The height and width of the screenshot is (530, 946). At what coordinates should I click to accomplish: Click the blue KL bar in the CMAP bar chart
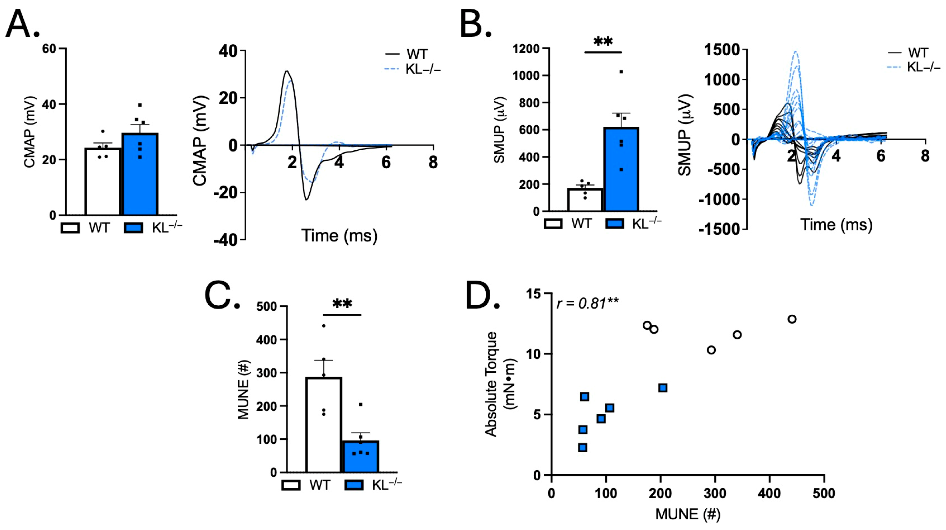point(140,174)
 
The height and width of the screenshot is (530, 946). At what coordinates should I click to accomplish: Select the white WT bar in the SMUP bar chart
point(585,200)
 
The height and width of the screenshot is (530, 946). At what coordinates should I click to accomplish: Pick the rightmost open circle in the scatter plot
point(792,319)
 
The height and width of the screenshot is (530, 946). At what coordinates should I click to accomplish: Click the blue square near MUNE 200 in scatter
point(662,388)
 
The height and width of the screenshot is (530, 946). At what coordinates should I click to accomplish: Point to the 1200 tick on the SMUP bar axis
point(526,49)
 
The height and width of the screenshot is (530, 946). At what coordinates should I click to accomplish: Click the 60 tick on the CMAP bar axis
point(49,49)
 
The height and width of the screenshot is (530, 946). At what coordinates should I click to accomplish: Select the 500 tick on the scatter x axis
point(824,493)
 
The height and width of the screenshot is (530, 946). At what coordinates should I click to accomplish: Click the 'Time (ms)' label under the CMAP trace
point(339,235)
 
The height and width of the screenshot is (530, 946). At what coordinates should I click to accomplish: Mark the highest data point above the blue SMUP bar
point(621,72)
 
